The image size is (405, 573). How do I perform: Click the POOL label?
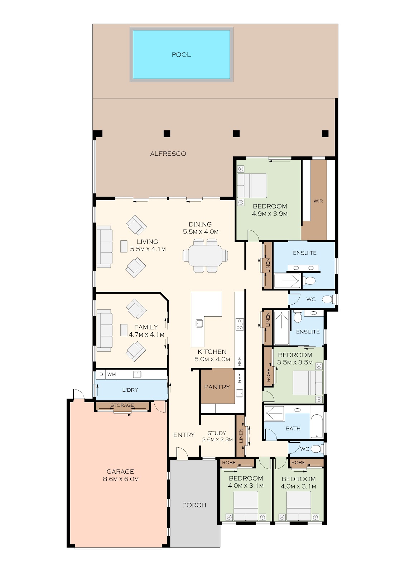click(181, 54)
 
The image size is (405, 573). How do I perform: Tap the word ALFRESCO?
click(168, 154)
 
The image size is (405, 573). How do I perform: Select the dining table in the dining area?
click(206, 255)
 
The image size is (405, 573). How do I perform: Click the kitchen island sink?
click(199, 323)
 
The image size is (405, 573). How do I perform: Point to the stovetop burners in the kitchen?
click(240, 324)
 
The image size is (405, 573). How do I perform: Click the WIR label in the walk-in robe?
click(318, 201)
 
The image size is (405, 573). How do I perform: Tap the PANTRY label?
click(217, 387)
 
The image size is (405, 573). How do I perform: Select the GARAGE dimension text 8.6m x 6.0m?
click(121, 479)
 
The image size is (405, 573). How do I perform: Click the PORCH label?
click(194, 505)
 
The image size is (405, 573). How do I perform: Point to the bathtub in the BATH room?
click(317, 426)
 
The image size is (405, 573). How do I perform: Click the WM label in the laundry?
click(112, 374)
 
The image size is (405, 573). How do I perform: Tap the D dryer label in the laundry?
click(101, 374)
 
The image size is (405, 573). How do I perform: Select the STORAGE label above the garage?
click(122, 405)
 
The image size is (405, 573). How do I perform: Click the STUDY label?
click(217, 433)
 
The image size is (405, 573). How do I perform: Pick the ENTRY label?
click(184, 435)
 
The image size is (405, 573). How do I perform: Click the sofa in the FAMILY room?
click(105, 331)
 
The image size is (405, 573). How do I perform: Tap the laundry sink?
click(137, 375)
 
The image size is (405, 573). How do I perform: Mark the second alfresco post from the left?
click(167, 134)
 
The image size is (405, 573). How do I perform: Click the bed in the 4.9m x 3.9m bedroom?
click(252, 186)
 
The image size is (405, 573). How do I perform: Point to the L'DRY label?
click(130, 390)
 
